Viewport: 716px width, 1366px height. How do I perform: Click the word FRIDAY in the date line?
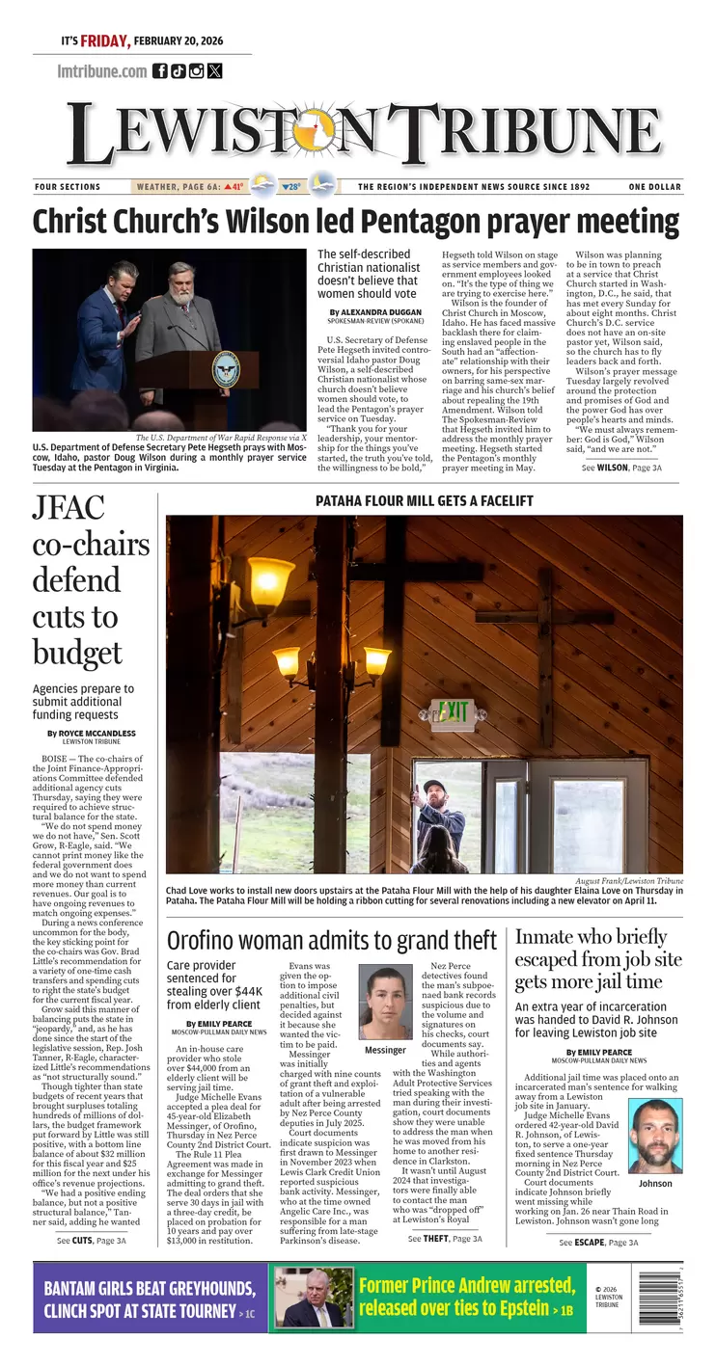click(x=104, y=41)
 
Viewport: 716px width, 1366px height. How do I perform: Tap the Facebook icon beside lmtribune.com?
click(x=160, y=70)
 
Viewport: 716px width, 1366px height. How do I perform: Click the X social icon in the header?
click(x=214, y=70)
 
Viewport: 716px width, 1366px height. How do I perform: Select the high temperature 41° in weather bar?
click(x=234, y=187)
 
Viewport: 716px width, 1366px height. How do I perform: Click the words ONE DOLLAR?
click(x=654, y=187)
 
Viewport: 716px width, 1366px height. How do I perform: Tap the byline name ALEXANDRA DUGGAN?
click(x=382, y=312)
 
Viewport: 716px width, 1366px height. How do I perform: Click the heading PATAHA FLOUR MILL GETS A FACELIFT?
click(x=425, y=501)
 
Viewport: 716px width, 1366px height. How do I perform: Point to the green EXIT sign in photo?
click(x=453, y=712)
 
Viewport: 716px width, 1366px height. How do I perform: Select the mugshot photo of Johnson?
click(x=655, y=1137)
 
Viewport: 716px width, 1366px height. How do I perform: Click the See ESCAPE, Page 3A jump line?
click(x=598, y=1243)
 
